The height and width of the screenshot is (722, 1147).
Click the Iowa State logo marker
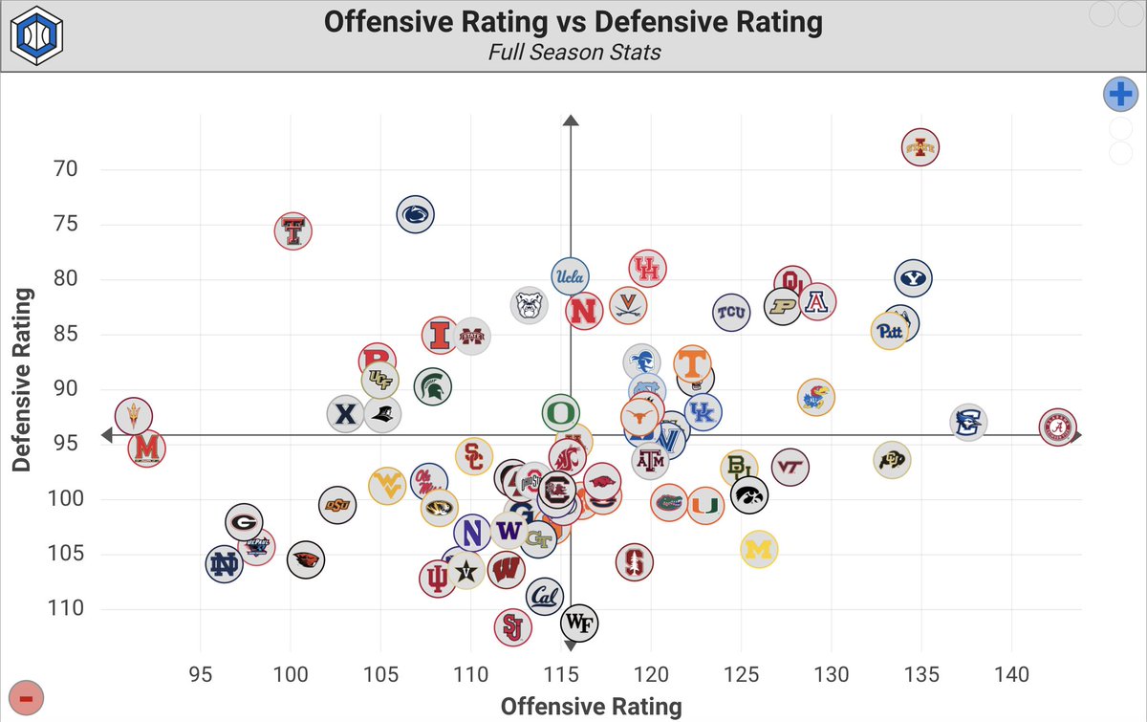click(x=920, y=147)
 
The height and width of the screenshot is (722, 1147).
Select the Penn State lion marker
click(x=415, y=215)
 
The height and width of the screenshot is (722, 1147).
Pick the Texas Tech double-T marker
click(x=294, y=230)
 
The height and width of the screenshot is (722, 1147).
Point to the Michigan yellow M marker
click(x=759, y=550)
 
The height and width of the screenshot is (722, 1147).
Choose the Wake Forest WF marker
click(x=579, y=624)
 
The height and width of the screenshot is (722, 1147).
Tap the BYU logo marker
click(x=914, y=278)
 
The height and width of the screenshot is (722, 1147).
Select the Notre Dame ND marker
click(x=225, y=565)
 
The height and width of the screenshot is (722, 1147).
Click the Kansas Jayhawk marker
click(x=815, y=397)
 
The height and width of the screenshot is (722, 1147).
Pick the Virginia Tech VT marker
click(x=790, y=467)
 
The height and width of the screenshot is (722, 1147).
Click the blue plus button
click(x=1120, y=95)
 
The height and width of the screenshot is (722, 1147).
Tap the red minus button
click(x=26, y=699)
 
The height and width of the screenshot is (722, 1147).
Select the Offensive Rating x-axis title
click(x=591, y=706)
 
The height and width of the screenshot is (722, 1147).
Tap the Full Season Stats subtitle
click(x=573, y=52)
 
